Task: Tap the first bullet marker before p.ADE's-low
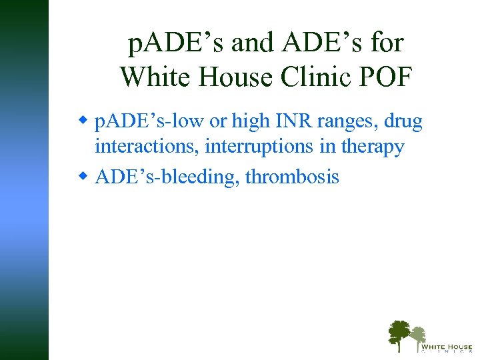[84, 121]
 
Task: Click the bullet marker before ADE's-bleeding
[84, 177]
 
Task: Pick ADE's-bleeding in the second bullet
[167, 178]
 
